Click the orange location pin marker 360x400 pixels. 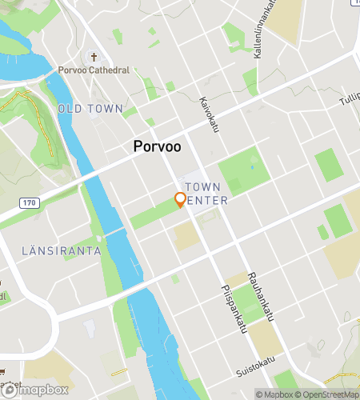(x=181, y=200)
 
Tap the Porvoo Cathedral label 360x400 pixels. (x=94, y=70)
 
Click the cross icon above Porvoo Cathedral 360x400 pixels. (x=94, y=57)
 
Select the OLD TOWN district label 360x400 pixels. (x=90, y=108)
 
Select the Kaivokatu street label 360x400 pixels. (x=209, y=114)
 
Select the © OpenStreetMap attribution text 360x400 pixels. (x=328, y=394)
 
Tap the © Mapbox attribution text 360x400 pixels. (x=275, y=394)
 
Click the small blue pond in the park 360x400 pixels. (x=253, y=166)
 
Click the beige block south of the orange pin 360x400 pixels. (x=186, y=234)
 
